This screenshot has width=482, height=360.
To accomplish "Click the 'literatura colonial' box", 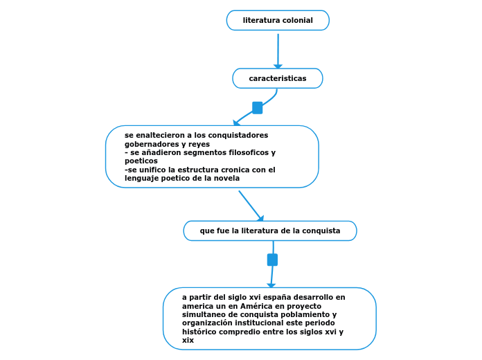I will tap(278, 21).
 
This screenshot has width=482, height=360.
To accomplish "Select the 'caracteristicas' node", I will tap(277, 78).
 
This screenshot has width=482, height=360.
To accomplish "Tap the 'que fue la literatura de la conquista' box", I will tap(270, 231).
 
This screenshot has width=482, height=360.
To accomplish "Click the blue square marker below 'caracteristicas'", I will tap(257, 108).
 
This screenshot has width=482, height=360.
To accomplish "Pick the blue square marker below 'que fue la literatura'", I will tap(272, 260).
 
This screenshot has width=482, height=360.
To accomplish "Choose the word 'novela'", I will tap(226, 178).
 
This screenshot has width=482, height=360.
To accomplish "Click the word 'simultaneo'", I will tap(204, 314).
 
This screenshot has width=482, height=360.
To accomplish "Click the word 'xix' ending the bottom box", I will tap(188, 340).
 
